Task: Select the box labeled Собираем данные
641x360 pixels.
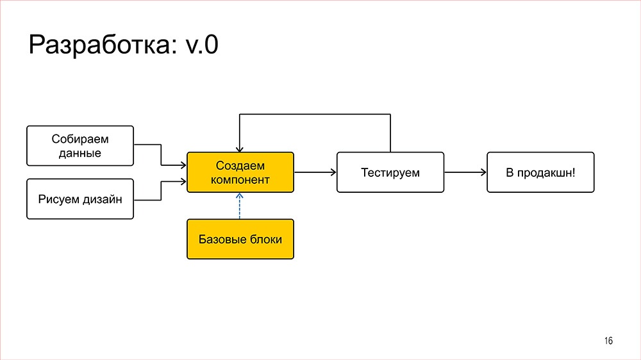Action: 80,145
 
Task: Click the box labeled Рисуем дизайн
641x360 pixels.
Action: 80,199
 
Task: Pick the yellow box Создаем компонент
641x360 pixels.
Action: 240,172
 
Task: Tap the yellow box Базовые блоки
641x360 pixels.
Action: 240,239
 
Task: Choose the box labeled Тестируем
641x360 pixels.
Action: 390,172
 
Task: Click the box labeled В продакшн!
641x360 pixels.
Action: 540,172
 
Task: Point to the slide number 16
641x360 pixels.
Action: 608,341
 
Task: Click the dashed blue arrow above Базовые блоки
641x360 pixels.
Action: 240,206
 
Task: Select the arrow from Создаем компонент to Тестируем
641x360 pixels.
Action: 315,172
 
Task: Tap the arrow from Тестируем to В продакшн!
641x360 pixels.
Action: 465,172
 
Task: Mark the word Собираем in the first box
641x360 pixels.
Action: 80,139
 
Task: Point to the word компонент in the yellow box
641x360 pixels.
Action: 240,179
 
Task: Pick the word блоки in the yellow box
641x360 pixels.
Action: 265,239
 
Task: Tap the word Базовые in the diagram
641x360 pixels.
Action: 221,239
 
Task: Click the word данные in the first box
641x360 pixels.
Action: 80,153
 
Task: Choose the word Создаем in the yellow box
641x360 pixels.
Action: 240,166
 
